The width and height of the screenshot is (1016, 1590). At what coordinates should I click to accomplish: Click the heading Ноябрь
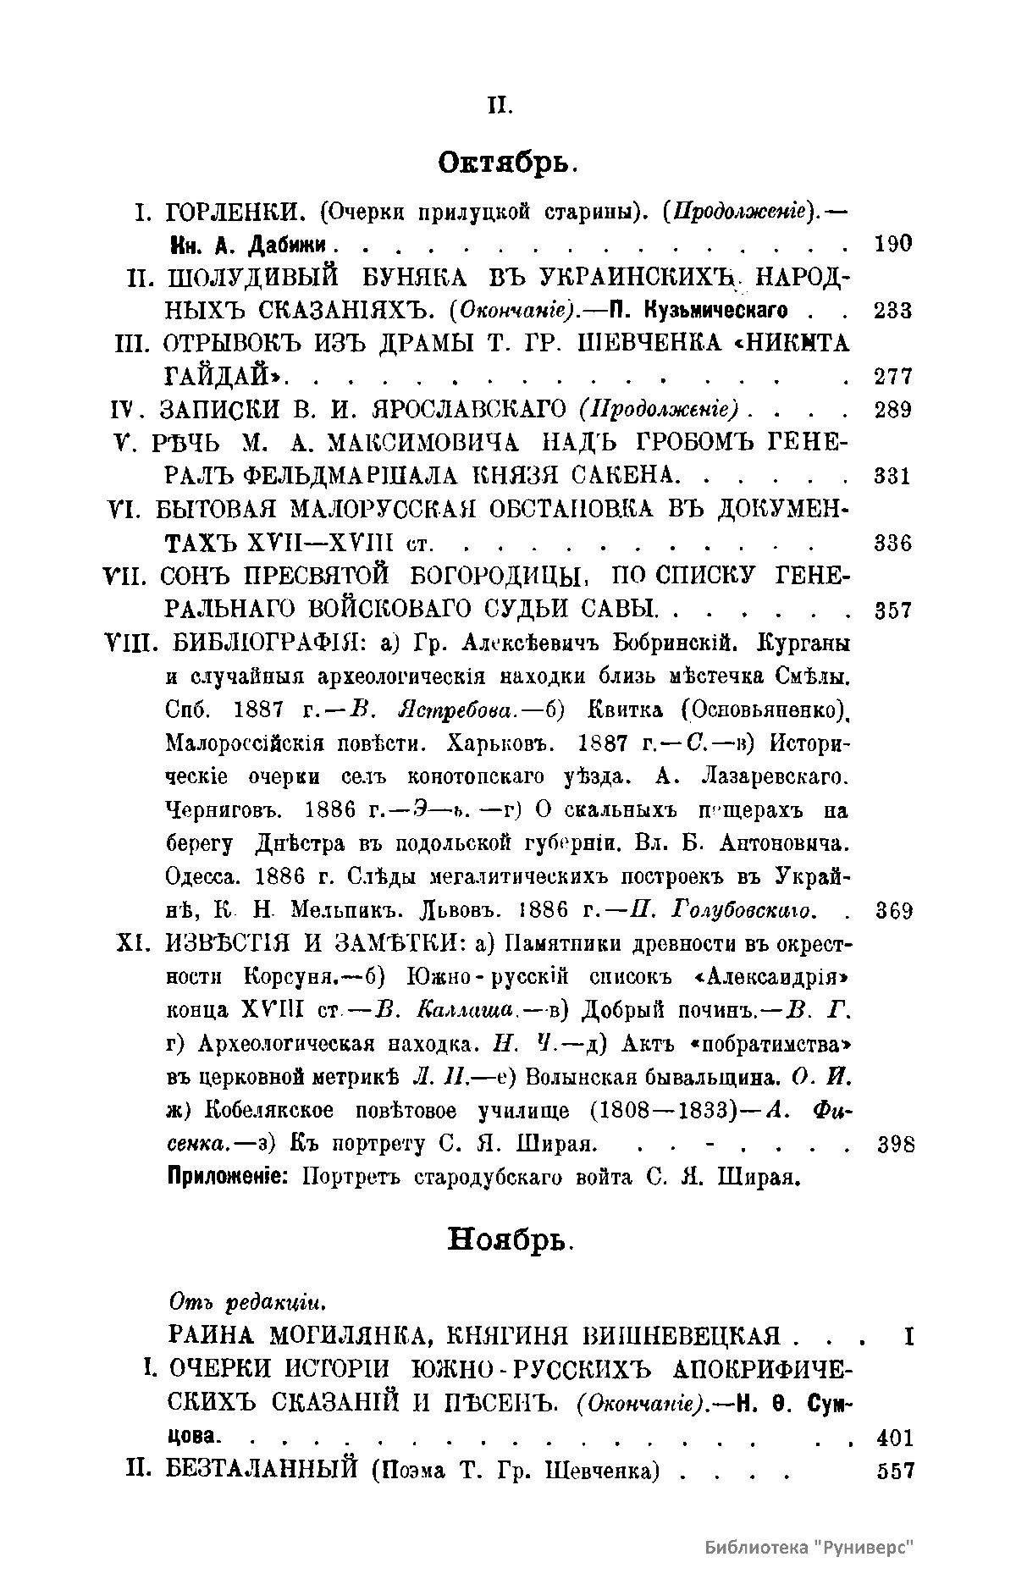tap(510, 1241)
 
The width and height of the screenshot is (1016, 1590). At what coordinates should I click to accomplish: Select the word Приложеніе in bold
tap(228, 1178)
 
